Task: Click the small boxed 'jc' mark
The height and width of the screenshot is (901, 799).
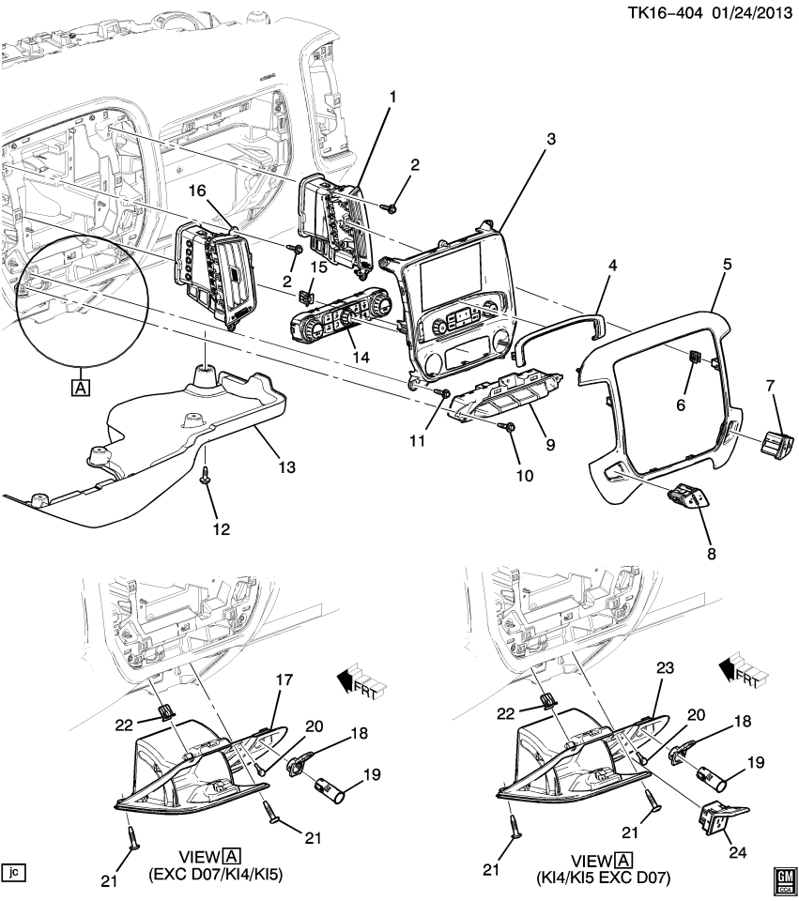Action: pos(13,872)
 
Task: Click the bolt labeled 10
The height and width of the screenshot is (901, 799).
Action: pos(512,428)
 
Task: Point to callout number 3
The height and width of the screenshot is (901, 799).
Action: pos(550,138)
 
